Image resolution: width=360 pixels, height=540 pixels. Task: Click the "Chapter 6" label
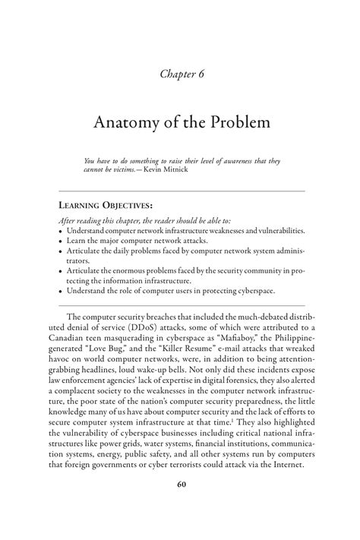[180, 73]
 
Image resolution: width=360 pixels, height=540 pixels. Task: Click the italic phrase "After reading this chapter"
[99, 219]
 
